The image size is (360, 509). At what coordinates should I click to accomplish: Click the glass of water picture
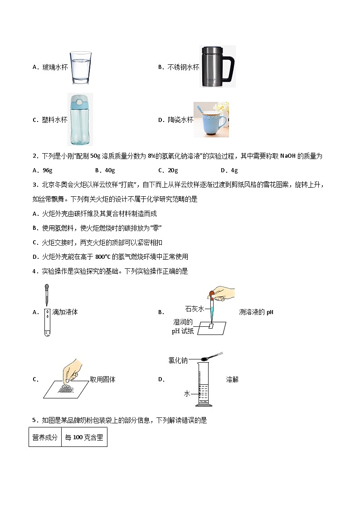click(80, 68)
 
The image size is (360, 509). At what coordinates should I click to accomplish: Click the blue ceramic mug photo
click(211, 120)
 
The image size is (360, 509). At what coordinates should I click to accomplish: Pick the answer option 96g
click(43, 170)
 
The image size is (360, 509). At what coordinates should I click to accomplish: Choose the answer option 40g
click(105, 170)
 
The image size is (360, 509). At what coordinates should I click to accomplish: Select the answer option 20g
click(168, 170)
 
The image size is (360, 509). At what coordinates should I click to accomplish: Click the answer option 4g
click(229, 170)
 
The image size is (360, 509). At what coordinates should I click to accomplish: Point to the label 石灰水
click(195, 309)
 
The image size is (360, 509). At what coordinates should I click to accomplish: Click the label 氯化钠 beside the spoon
click(178, 360)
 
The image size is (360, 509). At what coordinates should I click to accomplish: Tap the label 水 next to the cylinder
click(186, 393)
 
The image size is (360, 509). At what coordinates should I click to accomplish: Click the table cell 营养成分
click(45, 437)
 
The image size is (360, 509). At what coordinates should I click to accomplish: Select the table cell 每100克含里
click(84, 437)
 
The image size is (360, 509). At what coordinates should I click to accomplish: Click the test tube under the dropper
click(47, 322)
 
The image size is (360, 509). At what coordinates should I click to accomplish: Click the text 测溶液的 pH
click(256, 312)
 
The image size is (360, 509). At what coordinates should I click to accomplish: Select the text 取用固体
click(102, 379)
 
